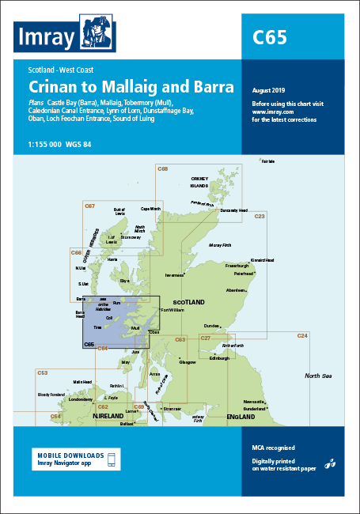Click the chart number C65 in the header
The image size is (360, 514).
pos(269,36)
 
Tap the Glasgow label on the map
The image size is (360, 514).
pos(188,362)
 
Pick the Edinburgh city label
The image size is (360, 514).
pos(219,357)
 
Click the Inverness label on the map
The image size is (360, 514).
pos(176,275)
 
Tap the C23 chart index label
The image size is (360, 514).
pos(260,215)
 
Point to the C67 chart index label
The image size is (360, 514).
pos(89,206)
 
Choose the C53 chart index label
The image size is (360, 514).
pos(43,372)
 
